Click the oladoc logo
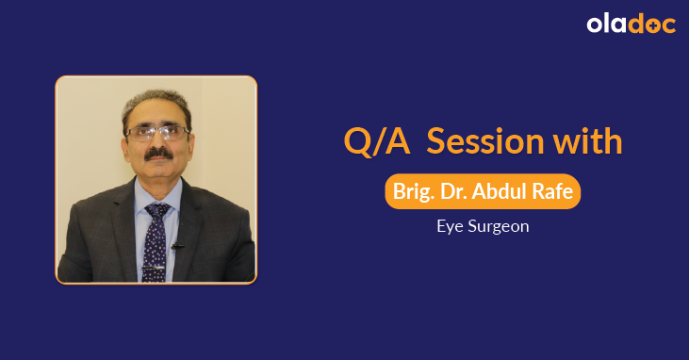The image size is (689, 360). [x=631, y=25]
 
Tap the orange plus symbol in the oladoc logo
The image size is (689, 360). [x=651, y=26]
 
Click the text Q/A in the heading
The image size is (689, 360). [x=377, y=141]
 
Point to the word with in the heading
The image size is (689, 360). [x=587, y=141]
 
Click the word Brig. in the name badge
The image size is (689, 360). [x=414, y=191]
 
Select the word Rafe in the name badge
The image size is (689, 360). [x=555, y=191]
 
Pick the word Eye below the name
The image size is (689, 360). [x=451, y=226]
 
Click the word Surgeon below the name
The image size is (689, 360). [x=499, y=226]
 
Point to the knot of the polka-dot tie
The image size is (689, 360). [x=157, y=209]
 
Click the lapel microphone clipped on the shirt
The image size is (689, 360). [x=176, y=246]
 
